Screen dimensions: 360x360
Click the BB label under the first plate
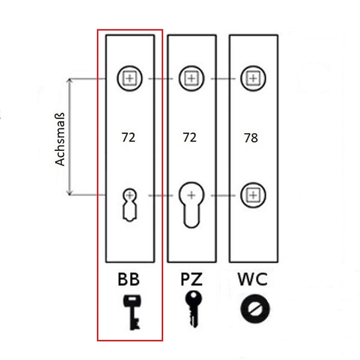click(x=129, y=279)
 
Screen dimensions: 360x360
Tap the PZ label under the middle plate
click(x=191, y=279)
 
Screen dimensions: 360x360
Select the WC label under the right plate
click(x=252, y=279)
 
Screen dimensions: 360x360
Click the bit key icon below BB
click(x=131, y=312)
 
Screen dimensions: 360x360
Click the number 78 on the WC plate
click(x=251, y=138)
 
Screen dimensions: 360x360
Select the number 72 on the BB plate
click(x=128, y=137)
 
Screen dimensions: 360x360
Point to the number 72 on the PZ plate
click(x=189, y=137)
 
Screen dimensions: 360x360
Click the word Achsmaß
click(x=61, y=140)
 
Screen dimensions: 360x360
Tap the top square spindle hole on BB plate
click(x=130, y=78)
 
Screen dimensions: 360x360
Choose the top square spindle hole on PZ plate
click(x=191, y=78)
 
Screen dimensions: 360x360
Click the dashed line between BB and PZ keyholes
click(x=161, y=195)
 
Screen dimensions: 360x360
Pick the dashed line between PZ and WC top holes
click(x=222, y=79)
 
